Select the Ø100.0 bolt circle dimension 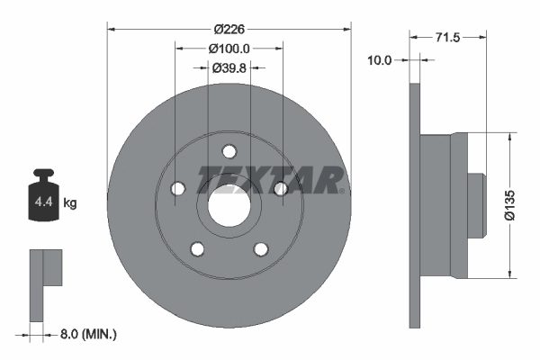pos(229,48)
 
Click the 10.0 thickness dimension pos(380,60)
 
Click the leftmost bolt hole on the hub pos(176,188)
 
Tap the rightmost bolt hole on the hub pos(280,188)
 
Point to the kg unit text pos(70,203)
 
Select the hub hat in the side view pos(444,206)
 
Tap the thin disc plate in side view pos(415,206)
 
